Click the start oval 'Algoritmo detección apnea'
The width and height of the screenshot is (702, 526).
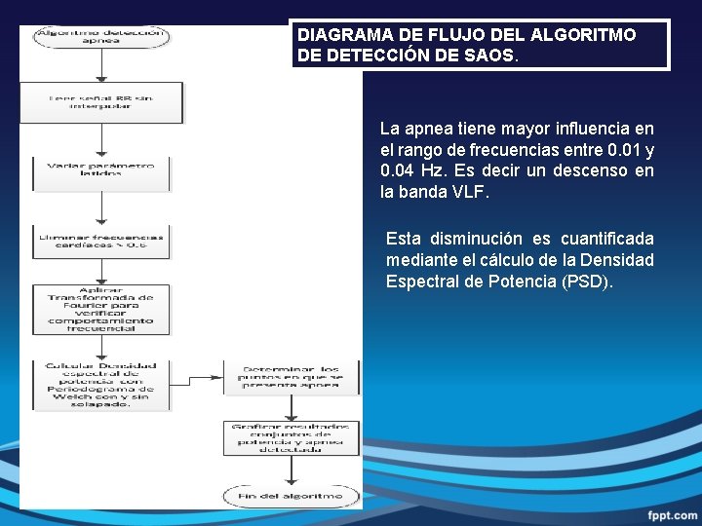click(101, 37)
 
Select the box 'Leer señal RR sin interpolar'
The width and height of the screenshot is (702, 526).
click(102, 101)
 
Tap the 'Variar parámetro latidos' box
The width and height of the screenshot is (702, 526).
click(101, 170)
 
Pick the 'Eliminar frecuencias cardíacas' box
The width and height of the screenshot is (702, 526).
click(101, 242)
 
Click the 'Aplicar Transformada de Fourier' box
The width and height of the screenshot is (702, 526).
click(101, 309)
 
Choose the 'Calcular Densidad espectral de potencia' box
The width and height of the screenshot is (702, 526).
click(102, 384)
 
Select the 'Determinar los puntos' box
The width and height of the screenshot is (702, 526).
click(291, 377)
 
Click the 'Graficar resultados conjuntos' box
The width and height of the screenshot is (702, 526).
click(291, 437)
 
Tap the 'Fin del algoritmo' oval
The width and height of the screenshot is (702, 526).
click(291, 497)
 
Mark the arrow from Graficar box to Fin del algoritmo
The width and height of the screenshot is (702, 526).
click(291, 470)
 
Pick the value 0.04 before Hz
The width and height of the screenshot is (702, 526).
click(397, 170)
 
